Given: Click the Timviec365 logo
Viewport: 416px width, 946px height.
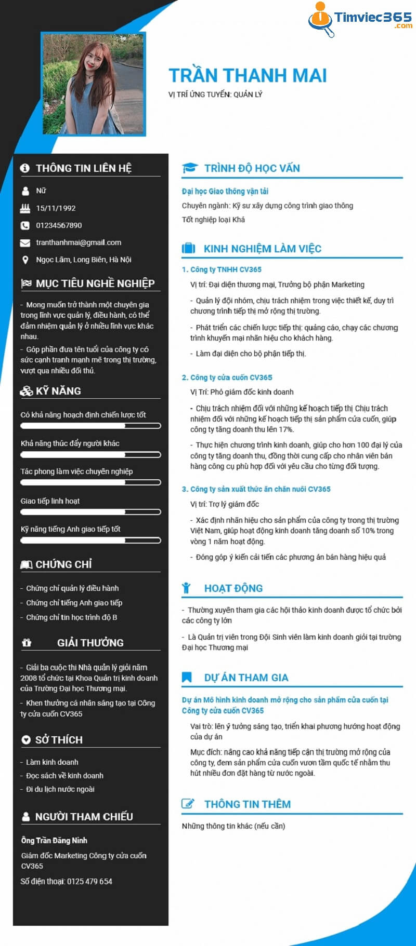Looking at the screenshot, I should click(x=360, y=20).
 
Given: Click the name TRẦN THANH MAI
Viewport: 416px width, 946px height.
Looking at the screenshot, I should click(x=248, y=76).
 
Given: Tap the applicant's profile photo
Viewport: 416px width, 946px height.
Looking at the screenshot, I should click(x=94, y=84).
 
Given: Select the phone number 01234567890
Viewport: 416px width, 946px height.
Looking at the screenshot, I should click(x=59, y=225).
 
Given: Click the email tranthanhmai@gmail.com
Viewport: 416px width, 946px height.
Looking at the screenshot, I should click(x=79, y=242).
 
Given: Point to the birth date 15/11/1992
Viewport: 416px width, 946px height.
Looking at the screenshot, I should click(x=56, y=208).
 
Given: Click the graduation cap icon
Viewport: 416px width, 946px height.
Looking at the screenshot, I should click(x=189, y=168).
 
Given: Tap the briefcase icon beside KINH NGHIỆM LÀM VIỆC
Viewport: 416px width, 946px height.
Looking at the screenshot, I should click(x=188, y=249).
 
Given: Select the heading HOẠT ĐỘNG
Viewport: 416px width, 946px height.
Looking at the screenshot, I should click(x=233, y=588).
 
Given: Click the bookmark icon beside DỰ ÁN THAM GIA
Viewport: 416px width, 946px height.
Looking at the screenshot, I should click(x=187, y=678).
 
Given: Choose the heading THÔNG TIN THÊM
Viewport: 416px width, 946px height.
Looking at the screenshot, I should click(x=247, y=804).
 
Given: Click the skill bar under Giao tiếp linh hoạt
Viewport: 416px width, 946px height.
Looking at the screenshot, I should click(x=90, y=512).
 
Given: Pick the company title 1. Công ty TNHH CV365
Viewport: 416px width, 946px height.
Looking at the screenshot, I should click(x=222, y=269).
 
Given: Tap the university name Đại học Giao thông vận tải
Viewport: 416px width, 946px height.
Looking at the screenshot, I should click(x=225, y=191).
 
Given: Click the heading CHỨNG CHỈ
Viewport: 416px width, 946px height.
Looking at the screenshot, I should click(x=63, y=564).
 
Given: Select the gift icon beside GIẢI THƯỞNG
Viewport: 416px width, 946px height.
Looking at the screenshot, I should click(x=27, y=643).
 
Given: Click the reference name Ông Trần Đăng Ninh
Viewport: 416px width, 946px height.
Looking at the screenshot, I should click(x=54, y=841).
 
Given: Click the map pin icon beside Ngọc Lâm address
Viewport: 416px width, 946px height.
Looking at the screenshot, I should click(x=25, y=260).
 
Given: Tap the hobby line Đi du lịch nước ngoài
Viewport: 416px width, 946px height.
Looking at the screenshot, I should click(x=60, y=789).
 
